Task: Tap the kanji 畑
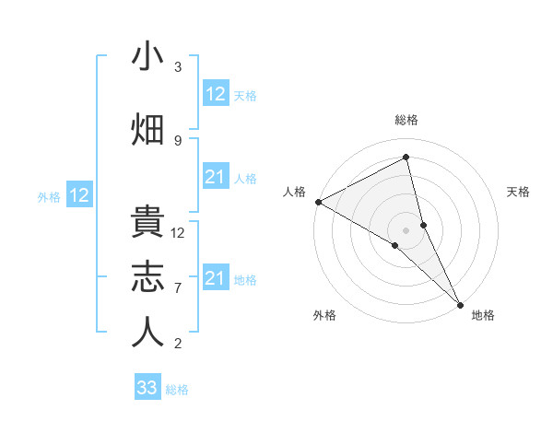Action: [147, 130]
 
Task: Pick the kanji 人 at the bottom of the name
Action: [147, 333]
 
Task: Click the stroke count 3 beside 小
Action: [178, 67]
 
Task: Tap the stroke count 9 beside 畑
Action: [178, 140]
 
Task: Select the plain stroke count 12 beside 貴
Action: [178, 233]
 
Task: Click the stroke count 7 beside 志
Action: [178, 288]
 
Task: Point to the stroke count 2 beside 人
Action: [178, 344]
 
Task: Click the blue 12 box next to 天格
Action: [215, 93]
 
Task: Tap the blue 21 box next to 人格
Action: [215, 176]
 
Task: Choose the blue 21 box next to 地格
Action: [215, 277]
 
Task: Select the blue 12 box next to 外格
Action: [79, 194]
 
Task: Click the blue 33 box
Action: [147, 387]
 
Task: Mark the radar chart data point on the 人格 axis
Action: [318, 202]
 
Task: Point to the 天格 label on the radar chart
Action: [518, 192]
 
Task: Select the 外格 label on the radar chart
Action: [324, 315]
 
